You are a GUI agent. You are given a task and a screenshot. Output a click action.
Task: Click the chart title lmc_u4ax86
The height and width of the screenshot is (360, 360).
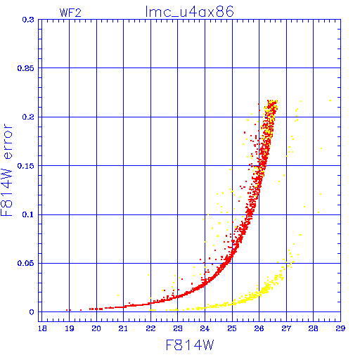(189, 12)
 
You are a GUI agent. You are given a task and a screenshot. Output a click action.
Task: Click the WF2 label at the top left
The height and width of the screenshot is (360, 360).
(70, 13)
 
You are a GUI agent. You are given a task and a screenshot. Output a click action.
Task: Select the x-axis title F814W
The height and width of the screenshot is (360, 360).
(190, 345)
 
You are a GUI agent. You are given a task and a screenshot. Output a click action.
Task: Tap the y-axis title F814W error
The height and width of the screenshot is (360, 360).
(6, 169)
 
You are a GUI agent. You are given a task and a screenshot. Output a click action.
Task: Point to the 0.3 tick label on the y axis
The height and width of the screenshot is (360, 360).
(28, 20)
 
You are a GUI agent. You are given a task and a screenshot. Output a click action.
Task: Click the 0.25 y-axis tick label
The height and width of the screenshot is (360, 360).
(26, 68)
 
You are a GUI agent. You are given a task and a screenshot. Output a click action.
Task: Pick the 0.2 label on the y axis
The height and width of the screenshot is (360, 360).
(28, 117)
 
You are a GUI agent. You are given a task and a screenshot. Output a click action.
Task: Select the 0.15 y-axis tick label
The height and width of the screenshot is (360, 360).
(26, 166)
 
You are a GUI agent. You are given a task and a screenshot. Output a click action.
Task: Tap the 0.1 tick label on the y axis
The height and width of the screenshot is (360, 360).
(28, 214)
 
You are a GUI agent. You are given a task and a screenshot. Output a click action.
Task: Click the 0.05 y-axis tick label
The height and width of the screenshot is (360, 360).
(26, 263)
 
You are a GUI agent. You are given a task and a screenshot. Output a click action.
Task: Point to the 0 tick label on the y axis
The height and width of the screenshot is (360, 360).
(32, 312)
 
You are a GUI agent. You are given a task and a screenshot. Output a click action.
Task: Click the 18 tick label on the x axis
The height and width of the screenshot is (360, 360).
(42, 328)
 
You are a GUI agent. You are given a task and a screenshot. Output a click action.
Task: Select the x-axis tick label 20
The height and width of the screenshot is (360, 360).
(96, 328)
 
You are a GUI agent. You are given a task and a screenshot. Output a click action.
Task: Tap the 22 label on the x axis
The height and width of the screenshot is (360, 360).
(150, 328)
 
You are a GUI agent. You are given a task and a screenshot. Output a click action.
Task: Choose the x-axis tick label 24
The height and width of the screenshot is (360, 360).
(205, 328)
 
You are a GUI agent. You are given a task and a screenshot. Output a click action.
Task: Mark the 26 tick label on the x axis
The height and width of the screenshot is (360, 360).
(259, 328)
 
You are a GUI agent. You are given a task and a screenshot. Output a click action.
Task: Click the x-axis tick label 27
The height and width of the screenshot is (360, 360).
(286, 328)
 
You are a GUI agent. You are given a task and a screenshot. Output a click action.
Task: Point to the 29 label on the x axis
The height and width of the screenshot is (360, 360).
(340, 328)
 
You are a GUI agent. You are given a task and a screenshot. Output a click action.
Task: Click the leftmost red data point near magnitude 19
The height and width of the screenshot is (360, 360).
(67, 310)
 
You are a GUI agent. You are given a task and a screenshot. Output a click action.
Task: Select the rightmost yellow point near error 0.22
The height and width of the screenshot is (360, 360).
(330, 101)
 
